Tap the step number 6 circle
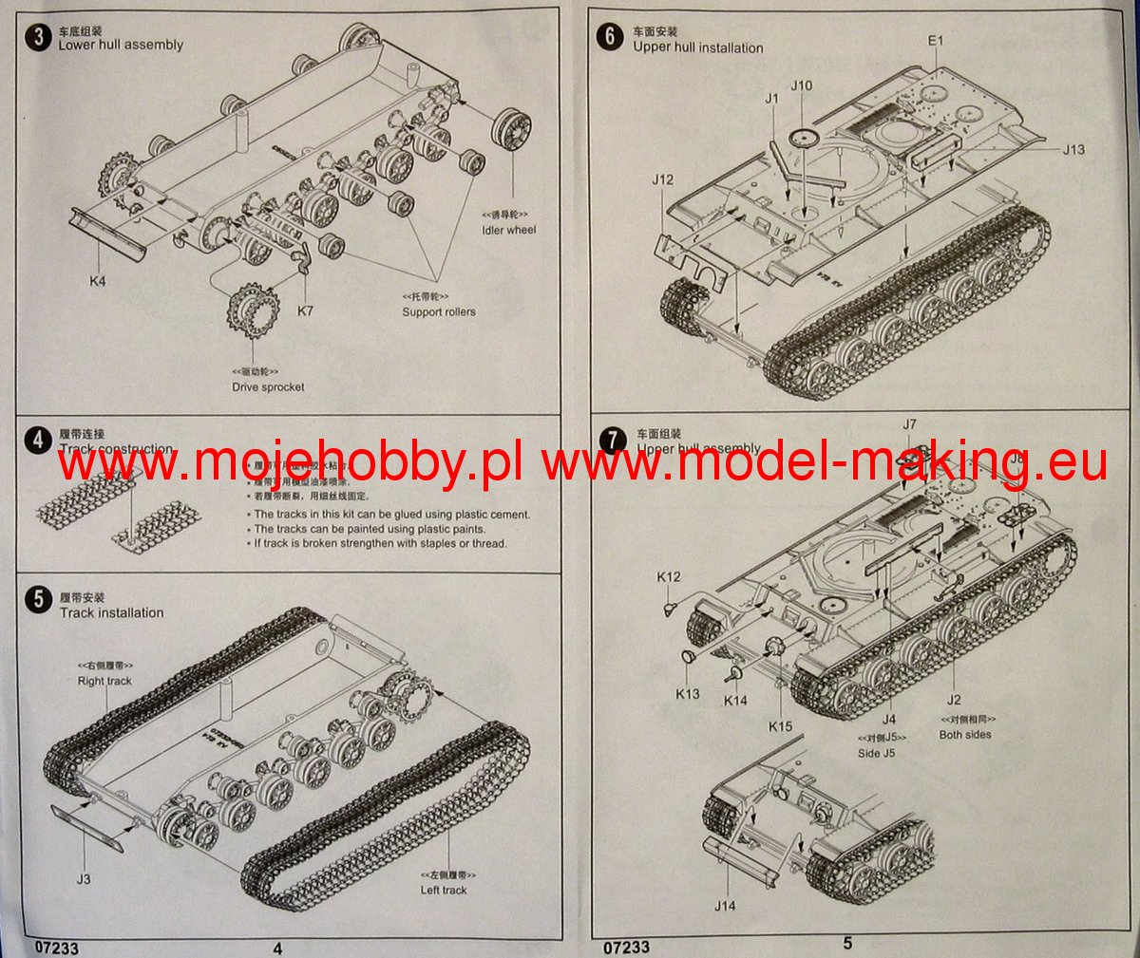point(610,37)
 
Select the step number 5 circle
point(38,599)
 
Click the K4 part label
point(97,282)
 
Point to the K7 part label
point(305,310)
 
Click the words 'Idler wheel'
point(508,230)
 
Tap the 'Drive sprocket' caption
point(268,386)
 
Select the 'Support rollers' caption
point(438,311)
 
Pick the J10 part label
point(801,85)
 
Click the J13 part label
point(1073,149)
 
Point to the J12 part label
point(663,179)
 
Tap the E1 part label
point(936,41)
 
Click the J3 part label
point(84,879)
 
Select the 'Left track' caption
point(444,890)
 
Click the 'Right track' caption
point(104,681)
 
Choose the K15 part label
point(780,726)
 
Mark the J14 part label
point(725,906)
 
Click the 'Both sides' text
point(964,734)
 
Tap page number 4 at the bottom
point(277,947)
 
